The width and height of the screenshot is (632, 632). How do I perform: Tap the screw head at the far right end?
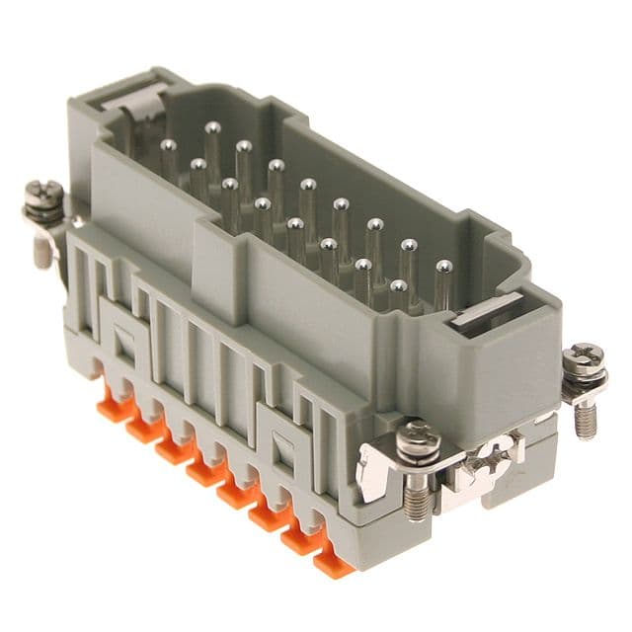point(585,356)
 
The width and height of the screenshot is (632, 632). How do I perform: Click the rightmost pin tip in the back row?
point(443,267)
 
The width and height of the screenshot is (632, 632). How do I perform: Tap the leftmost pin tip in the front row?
point(169,146)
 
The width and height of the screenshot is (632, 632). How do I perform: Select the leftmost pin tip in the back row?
point(212,127)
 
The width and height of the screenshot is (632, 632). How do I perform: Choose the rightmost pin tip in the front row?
point(398,286)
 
